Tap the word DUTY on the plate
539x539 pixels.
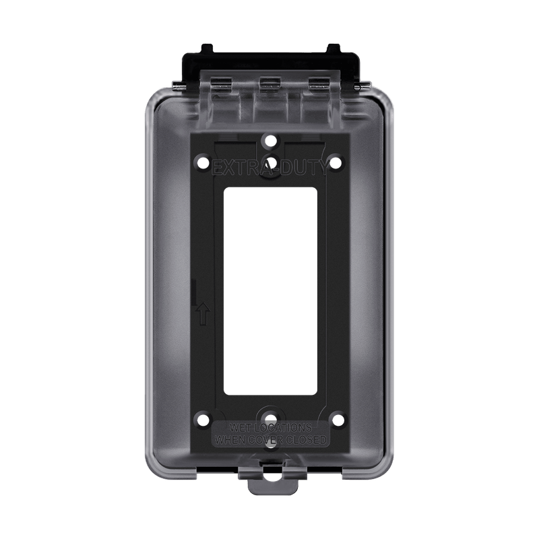pyautogui.click(x=303, y=165)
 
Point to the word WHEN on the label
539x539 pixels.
pyautogui.click(x=230, y=440)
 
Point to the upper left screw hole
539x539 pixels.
pyautogui.click(x=201, y=162)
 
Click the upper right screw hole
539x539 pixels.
pyautogui.click(x=337, y=162)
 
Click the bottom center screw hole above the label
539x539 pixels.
pyautogui.click(x=269, y=416)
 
